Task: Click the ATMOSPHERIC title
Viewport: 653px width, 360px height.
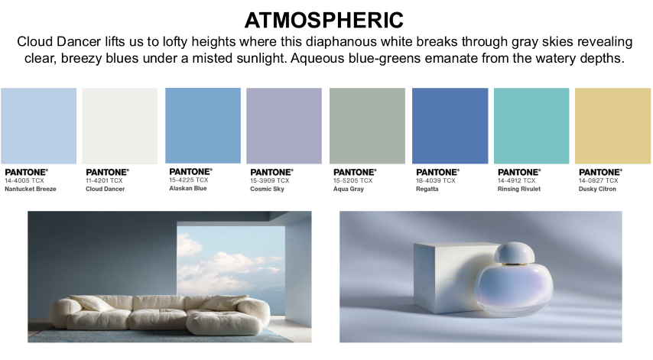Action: (x=324, y=20)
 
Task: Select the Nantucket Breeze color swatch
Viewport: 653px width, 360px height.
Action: (x=39, y=125)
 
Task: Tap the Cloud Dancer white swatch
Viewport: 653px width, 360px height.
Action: (x=120, y=125)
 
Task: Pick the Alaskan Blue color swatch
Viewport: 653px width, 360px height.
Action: (x=203, y=125)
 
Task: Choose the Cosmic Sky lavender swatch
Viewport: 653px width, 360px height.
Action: (x=284, y=125)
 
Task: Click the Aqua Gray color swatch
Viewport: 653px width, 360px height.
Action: (x=367, y=125)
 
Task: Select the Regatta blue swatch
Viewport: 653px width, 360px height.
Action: (x=450, y=125)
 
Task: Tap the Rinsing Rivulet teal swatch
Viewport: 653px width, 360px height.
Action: (x=531, y=125)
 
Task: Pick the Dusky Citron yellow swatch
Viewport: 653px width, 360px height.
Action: (x=612, y=125)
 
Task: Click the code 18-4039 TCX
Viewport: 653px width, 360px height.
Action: (x=436, y=180)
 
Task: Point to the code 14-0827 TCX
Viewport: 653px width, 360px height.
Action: (x=599, y=180)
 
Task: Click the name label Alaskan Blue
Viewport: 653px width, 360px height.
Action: (x=188, y=188)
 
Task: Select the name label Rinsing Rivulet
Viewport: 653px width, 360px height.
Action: (x=519, y=189)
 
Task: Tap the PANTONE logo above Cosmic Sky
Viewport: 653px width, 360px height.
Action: (x=272, y=172)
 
